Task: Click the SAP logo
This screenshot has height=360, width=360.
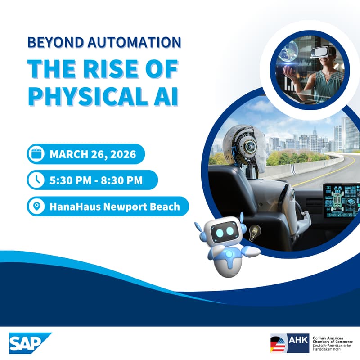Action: [x=30, y=343]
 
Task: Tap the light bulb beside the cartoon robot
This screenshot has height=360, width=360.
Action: [x=255, y=233]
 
